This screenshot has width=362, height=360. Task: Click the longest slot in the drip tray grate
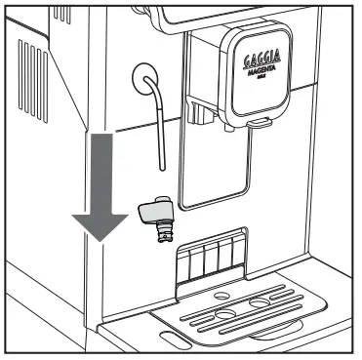click(x=250, y=316)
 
